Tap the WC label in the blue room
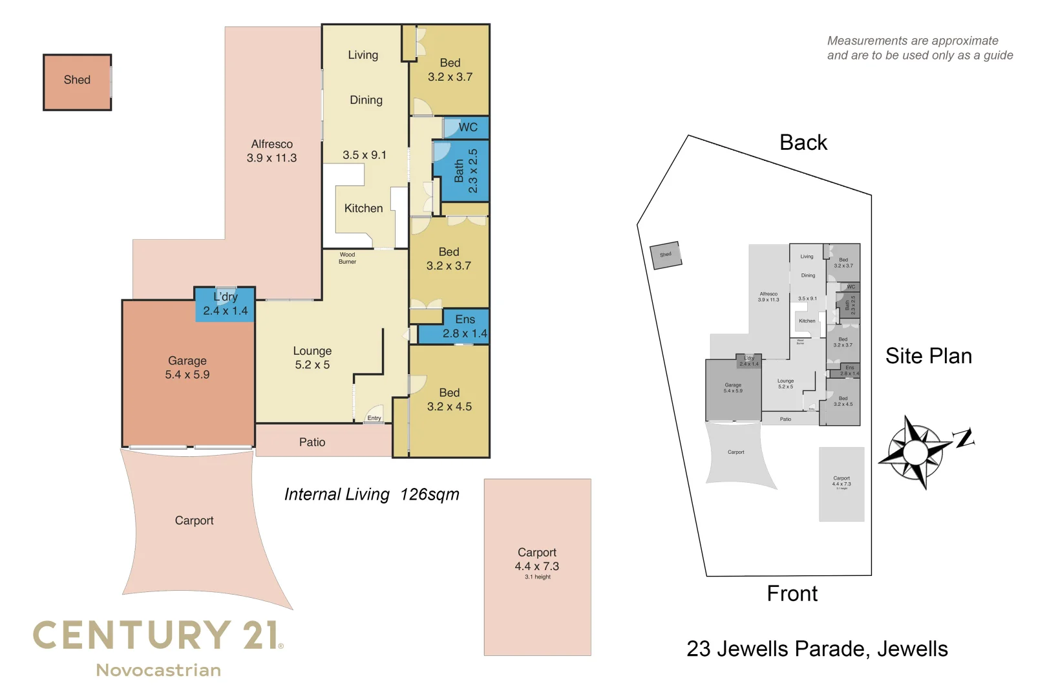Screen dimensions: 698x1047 click(468, 127)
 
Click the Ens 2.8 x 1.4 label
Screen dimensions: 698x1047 click(465, 327)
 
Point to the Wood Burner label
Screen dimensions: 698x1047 click(347, 258)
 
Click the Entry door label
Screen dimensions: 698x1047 click(374, 418)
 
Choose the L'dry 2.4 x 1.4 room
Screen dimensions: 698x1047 click(225, 304)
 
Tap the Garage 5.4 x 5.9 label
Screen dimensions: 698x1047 click(187, 368)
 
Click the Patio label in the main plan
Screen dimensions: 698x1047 click(312, 442)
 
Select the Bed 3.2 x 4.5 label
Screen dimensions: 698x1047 click(449, 399)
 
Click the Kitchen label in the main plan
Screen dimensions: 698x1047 click(363, 208)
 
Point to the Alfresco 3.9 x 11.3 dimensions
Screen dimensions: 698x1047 click(271, 158)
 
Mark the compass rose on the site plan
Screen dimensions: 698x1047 click(915, 451)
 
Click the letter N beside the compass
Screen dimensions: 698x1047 click(964, 438)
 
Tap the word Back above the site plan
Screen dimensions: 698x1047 click(803, 142)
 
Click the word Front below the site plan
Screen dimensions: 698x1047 click(792, 593)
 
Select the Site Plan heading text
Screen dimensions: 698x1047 click(928, 356)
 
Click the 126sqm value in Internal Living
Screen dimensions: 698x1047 click(430, 494)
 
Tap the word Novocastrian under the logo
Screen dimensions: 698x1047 click(158, 670)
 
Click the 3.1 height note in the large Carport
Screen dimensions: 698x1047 click(538, 577)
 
